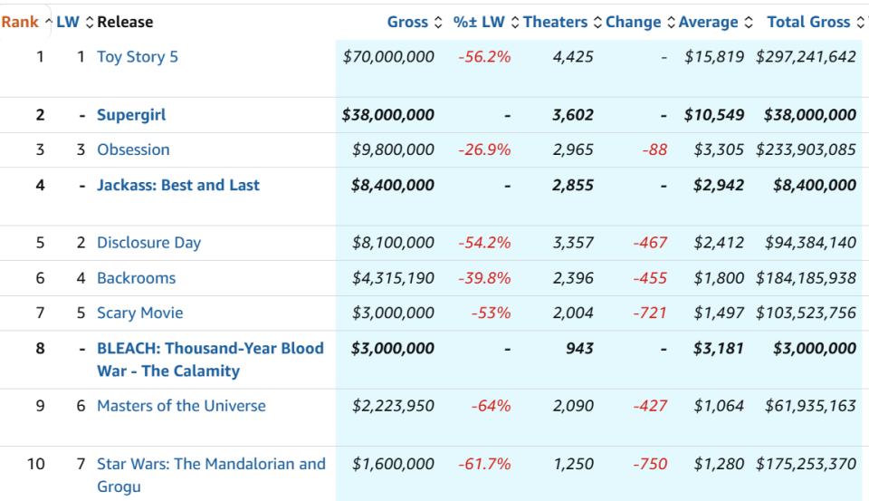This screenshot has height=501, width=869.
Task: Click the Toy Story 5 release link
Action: point(138,57)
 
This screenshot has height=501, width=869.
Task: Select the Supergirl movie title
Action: point(131,115)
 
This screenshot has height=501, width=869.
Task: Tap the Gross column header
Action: point(407,22)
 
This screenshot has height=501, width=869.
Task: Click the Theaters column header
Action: point(555,22)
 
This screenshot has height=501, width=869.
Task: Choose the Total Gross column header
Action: point(808,22)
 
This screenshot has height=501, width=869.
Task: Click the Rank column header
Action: point(20,22)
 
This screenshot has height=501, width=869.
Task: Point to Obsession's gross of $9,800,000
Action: point(393,149)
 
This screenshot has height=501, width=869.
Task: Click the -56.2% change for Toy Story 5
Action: point(484,57)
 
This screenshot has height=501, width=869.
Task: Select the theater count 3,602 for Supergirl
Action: point(573,115)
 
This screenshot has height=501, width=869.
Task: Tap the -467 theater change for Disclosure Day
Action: point(650,243)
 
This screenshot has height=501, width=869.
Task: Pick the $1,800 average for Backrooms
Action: point(719,278)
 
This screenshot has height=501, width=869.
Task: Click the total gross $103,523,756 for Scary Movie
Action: point(806,313)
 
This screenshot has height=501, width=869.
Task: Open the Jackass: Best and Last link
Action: point(178,186)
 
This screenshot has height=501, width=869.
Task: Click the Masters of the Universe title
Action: point(181,406)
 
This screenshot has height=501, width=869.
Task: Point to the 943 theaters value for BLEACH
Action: point(579,349)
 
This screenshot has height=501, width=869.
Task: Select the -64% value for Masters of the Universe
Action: point(491,406)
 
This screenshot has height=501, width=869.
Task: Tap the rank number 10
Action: point(36,464)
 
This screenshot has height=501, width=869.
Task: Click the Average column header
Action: point(708,22)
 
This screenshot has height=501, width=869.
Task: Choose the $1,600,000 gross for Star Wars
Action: point(393,464)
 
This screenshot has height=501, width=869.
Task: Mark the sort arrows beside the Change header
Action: point(671,22)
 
